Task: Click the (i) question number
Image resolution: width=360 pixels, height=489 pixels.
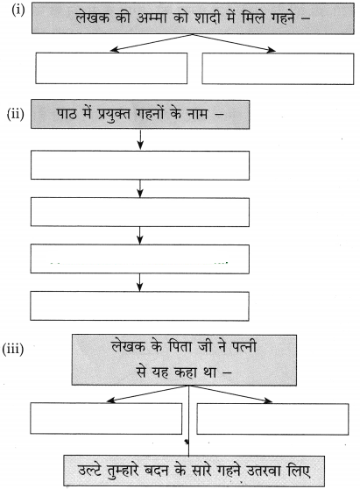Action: click(18, 11)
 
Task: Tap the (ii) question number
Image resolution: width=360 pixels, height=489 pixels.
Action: click(16, 114)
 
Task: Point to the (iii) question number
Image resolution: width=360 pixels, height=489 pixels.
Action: click(13, 349)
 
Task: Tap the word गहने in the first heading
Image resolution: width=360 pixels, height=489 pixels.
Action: click(282, 18)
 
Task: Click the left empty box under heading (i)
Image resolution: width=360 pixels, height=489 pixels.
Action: click(111, 68)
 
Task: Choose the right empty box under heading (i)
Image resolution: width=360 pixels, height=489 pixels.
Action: click(278, 68)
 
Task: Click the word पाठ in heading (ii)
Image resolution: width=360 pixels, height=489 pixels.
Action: click(66, 114)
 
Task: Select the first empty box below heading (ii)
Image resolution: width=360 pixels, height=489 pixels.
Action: click(140, 166)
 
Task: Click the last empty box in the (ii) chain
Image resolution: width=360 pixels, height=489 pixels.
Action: click(139, 306)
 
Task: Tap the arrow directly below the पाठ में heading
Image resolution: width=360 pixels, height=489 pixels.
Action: click(140, 139)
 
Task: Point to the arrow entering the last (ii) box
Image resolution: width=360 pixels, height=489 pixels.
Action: click(139, 282)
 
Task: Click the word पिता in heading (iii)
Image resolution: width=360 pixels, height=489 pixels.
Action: click(181, 346)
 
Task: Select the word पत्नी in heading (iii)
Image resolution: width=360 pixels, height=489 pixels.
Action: click(244, 346)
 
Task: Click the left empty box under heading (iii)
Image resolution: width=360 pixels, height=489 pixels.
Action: click(106, 418)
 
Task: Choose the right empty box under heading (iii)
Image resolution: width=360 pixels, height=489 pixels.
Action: click(272, 419)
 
